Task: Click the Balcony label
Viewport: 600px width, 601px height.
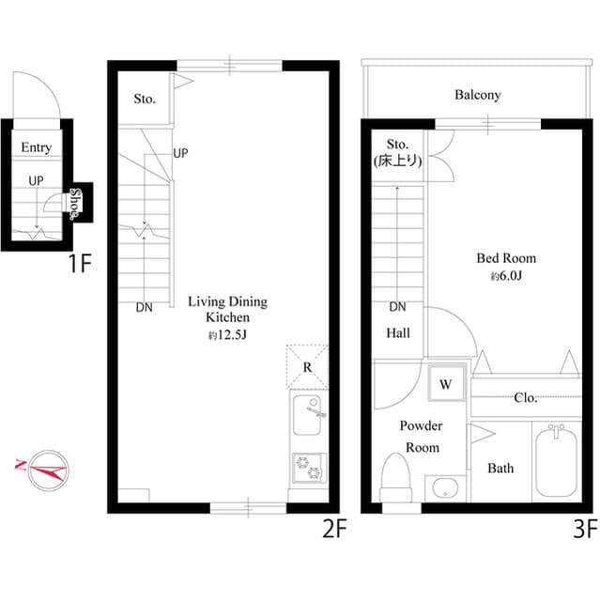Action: tap(477, 95)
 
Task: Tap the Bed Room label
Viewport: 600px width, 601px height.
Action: tap(506, 258)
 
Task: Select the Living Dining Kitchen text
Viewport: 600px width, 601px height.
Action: tap(227, 310)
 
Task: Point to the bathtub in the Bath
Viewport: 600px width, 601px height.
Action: tap(558, 465)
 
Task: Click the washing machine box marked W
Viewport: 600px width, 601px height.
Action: tap(446, 383)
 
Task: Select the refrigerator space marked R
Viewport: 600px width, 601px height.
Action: tap(306, 367)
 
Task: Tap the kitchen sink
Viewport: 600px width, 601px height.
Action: tap(309, 416)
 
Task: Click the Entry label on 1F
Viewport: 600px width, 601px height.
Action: tap(37, 147)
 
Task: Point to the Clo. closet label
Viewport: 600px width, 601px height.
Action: tap(526, 398)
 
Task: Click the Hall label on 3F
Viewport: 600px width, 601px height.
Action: tap(398, 332)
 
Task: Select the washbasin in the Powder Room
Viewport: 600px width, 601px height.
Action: tap(444, 488)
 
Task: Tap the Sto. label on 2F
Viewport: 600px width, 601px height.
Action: tap(144, 99)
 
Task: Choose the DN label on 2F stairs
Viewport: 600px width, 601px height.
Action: tap(144, 306)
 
